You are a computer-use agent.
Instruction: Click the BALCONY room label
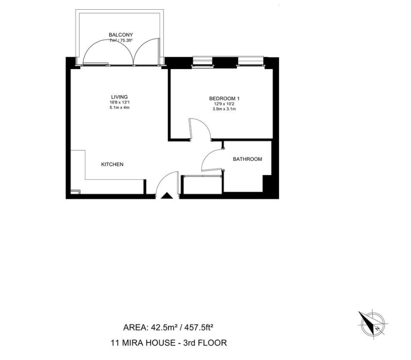(121, 35)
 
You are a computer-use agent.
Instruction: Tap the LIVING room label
(119, 97)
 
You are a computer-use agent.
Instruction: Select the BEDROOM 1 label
(224, 99)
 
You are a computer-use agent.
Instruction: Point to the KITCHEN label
(112, 164)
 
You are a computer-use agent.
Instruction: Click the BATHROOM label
(248, 159)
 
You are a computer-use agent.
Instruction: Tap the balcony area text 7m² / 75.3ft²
(121, 40)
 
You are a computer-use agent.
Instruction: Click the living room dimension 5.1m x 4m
(119, 107)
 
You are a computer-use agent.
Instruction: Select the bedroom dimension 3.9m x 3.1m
(224, 109)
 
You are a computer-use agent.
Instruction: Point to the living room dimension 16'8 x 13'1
(119, 103)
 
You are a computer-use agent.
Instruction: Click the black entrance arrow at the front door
(166, 196)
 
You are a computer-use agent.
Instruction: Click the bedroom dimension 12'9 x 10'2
(224, 104)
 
